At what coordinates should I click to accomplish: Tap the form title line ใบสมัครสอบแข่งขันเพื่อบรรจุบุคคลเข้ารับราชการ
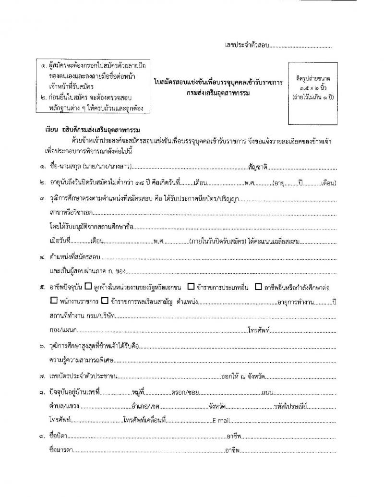[x=218, y=83]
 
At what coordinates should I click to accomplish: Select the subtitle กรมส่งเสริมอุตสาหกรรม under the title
[x=219, y=92]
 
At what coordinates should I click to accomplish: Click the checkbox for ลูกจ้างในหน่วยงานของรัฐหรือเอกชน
[x=88, y=287]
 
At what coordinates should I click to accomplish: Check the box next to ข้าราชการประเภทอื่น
[x=191, y=287]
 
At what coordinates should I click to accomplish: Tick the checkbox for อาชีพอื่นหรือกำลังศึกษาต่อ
[x=258, y=287]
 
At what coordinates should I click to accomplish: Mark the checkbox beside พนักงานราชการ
[x=53, y=302]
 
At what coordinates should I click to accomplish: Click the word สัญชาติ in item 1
[x=258, y=168]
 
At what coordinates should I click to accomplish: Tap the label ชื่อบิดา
[x=58, y=436]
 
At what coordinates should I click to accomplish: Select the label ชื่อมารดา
[x=60, y=451]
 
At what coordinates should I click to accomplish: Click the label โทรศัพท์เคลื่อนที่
[x=144, y=420]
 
